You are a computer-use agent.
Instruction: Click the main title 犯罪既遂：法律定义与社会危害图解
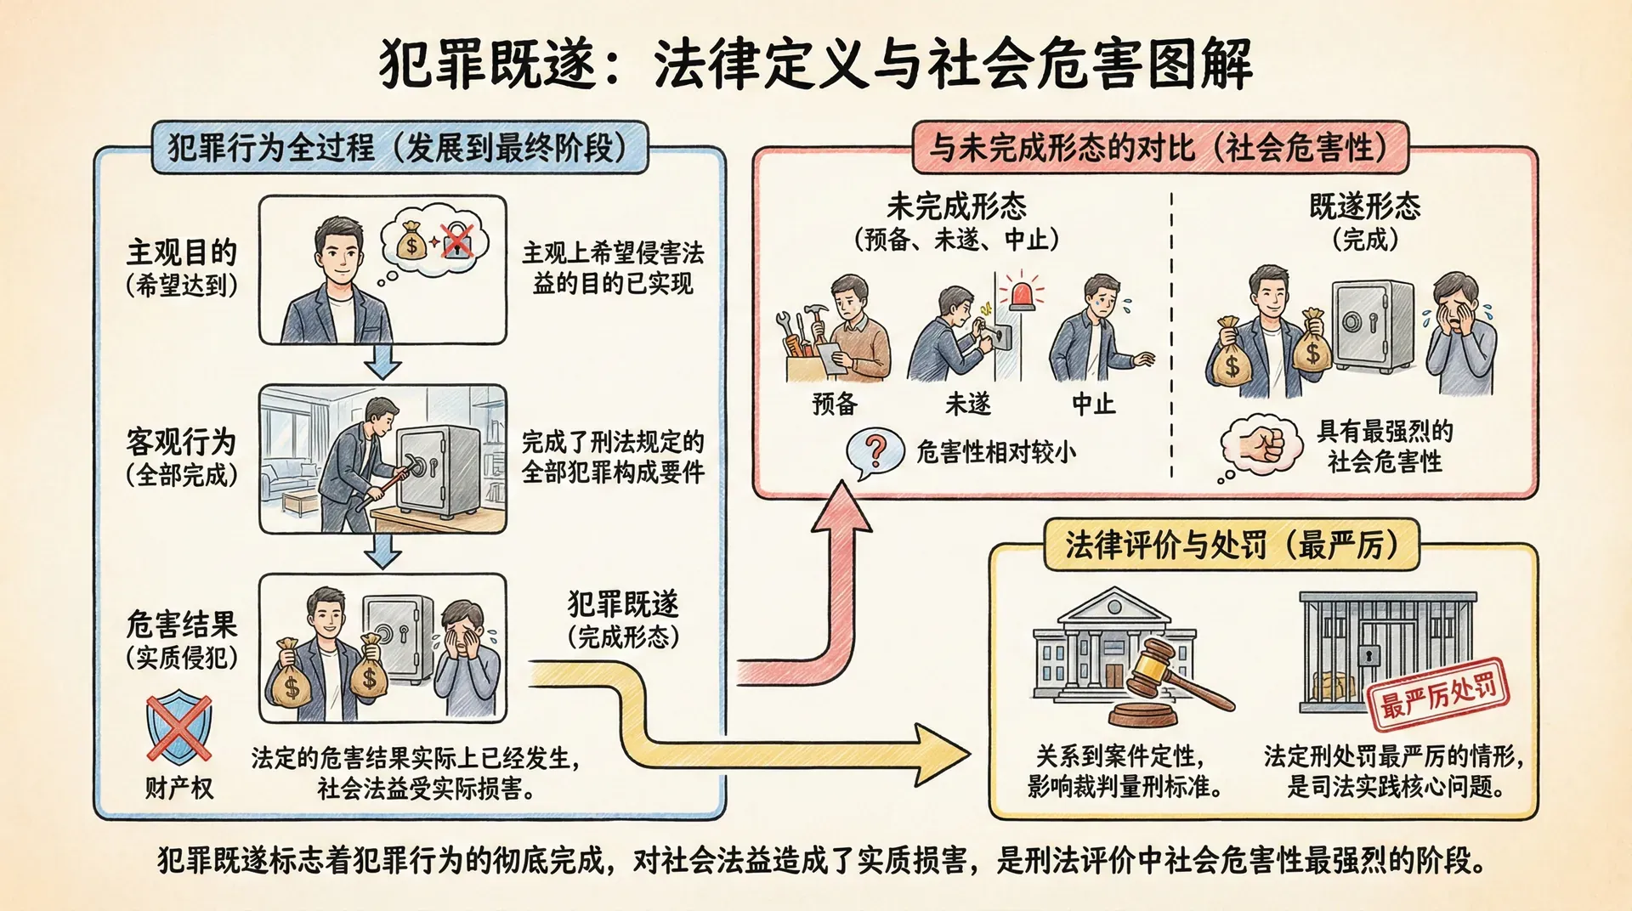(x=816, y=65)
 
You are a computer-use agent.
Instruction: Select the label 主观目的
(x=181, y=252)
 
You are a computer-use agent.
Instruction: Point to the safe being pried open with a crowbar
(x=433, y=472)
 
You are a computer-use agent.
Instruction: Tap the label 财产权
(x=178, y=788)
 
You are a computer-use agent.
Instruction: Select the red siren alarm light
(x=1022, y=293)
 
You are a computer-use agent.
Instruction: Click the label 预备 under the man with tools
(x=835, y=404)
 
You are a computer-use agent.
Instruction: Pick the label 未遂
(x=968, y=404)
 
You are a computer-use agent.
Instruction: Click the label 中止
(x=1093, y=404)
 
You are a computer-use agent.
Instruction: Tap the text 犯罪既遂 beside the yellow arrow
(x=623, y=604)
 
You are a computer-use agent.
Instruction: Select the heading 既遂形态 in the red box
(x=1364, y=207)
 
